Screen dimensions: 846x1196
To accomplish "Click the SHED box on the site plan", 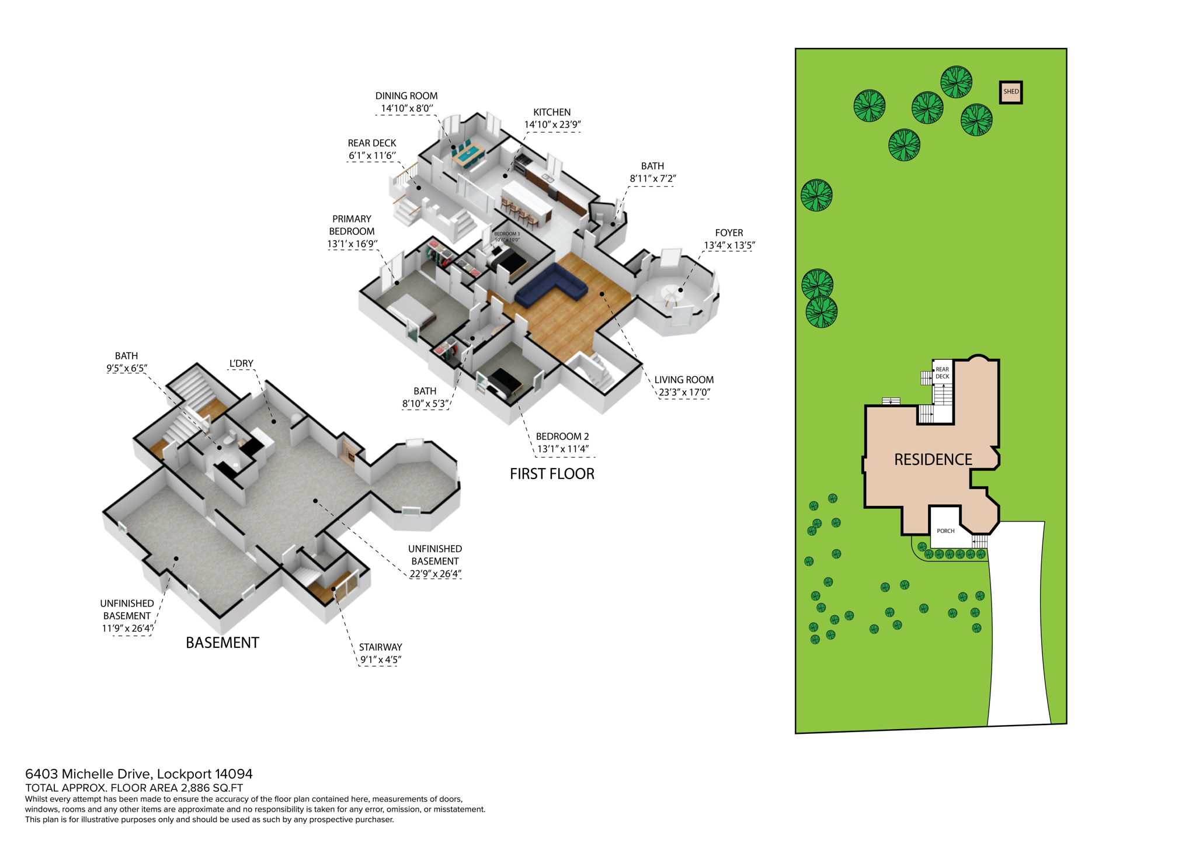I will (1010, 92).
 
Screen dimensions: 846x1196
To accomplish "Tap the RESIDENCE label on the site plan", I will (933, 460).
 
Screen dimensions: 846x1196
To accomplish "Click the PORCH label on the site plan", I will (945, 531).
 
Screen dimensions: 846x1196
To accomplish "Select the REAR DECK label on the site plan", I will (942, 373).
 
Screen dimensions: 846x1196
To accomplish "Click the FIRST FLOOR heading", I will (552, 474).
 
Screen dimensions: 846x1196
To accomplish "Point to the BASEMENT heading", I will (222, 643).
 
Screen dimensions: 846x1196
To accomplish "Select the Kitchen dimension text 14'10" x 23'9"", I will (552, 124).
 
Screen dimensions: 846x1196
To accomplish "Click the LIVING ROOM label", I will (684, 380).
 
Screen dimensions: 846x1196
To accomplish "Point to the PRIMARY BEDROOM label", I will (352, 225).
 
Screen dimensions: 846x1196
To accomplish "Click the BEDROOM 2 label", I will (562, 436).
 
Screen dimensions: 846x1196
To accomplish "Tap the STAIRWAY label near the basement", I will (380, 647).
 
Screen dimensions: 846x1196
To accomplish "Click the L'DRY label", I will (241, 363).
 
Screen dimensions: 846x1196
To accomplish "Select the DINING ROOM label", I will (406, 96).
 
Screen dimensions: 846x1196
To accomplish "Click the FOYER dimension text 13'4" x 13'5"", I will (729, 245).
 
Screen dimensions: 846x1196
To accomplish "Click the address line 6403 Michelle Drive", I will (138, 774).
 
